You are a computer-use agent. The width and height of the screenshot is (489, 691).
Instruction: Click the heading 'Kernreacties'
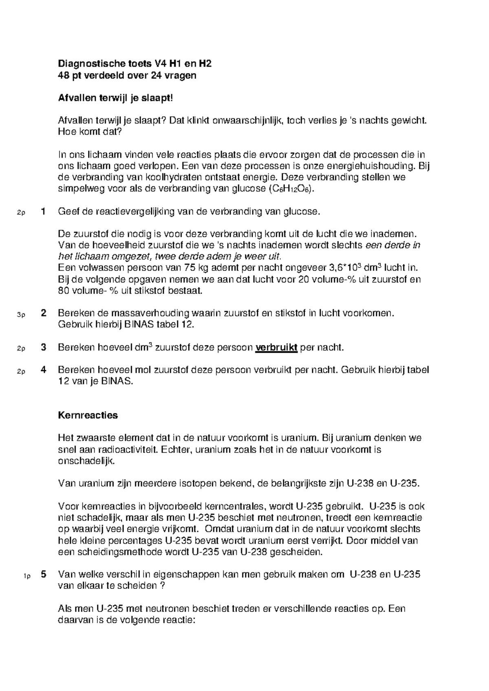[88, 415]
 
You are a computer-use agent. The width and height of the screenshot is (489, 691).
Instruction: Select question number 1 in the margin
[43, 211]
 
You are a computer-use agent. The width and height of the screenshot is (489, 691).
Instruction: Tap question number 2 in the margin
[43, 313]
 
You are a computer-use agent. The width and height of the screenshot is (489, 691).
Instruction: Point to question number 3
[43, 347]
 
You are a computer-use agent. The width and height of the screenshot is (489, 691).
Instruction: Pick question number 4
[43, 370]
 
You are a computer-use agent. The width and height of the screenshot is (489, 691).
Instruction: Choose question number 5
[43, 574]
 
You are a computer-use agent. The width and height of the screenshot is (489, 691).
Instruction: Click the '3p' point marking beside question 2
[21, 315]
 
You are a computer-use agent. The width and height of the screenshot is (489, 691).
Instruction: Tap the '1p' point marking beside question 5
[27, 576]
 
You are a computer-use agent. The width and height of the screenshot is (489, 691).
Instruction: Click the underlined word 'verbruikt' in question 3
[276, 348]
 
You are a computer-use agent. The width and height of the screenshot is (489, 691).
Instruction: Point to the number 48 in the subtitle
[64, 75]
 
